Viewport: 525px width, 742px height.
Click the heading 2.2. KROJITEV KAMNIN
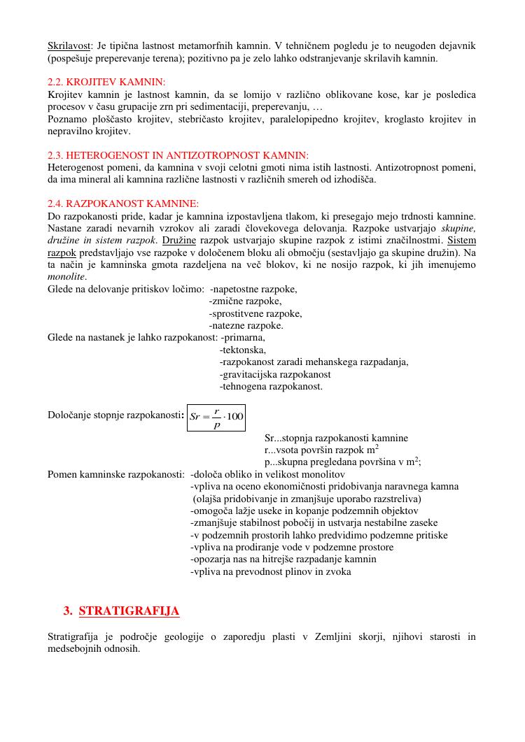pyautogui.click(x=106, y=82)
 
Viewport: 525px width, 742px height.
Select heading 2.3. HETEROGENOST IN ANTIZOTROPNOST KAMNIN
pyautogui.click(x=178, y=155)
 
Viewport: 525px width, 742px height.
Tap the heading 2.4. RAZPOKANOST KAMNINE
pyautogui.click(x=123, y=204)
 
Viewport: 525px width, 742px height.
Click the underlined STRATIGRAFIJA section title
pyautogui.click(x=129, y=611)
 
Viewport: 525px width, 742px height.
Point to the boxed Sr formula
pyautogui.click(x=216, y=418)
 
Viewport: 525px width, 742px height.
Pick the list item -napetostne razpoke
pyautogui.click(x=253, y=289)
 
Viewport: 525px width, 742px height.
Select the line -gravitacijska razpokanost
pyautogui.click(x=275, y=374)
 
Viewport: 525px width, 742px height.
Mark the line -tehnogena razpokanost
pyautogui.click(x=271, y=386)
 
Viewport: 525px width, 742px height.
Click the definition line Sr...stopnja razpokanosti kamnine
pyautogui.click(x=336, y=438)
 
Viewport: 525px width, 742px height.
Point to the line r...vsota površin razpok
pyautogui.click(x=321, y=450)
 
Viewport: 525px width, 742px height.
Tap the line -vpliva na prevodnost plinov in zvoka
pyautogui.click(x=271, y=571)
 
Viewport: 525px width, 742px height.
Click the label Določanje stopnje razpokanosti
pyautogui.click(x=115, y=415)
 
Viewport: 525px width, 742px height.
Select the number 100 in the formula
pyautogui.click(x=235, y=417)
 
